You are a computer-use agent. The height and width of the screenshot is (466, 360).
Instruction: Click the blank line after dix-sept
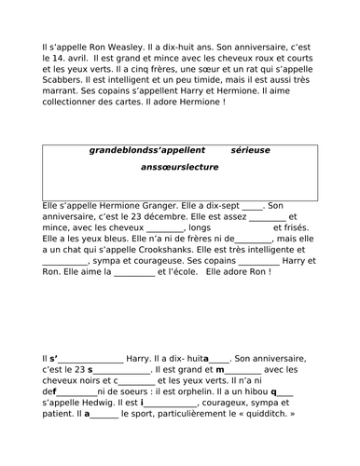tap(251, 205)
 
